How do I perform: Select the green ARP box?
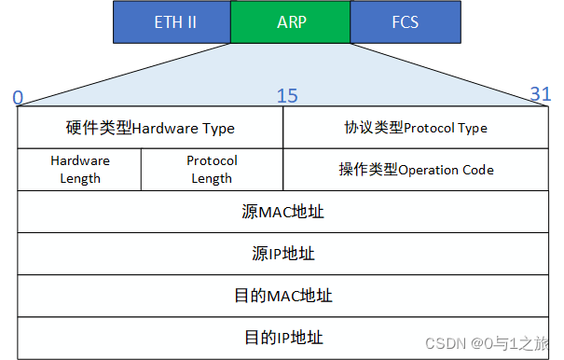pyautogui.click(x=290, y=22)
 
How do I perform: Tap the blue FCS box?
pyautogui.click(x=405, y=22)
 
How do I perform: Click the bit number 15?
pyautogui.click(x=287, y=96)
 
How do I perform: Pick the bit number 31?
pyautogui.click(x=541, y=93)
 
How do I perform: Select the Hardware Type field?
pyautogui.click(x=150, y=128)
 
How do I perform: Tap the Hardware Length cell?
pyautogui.click(x=79, y=169)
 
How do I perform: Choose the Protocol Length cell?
pyautogui.click(x=212, y=169)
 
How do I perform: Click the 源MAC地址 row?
pyautogui.click(x=282, y=212)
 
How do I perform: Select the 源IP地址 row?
pyautogui.click(x=282, y=254)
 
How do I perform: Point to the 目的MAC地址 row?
pyautogui.click(x=282, y=296)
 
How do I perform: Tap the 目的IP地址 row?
pyautogui.click(x=282, y=337)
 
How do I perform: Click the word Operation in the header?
pyautogui.click(x=431, y=170)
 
